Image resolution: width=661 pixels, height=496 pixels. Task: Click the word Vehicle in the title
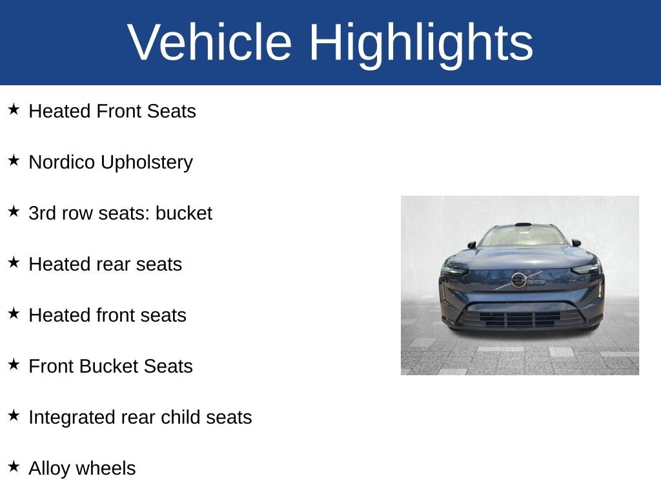click(210, 43)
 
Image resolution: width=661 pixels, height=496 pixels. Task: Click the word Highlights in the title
click(421, 43)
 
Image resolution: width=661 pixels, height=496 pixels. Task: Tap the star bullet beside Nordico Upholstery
click(14, 160)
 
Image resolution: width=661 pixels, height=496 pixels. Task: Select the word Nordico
click(62, 162)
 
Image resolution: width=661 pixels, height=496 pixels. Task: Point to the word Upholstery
click(147, 163)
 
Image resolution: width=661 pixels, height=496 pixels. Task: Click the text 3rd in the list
click(43, 213)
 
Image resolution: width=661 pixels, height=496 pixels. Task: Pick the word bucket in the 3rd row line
click(183, 213)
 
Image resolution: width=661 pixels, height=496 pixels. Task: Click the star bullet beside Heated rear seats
click(14, 262)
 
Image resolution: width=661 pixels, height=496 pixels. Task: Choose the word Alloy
click(48, 469)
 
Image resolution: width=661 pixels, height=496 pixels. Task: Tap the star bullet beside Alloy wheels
click(14, 466)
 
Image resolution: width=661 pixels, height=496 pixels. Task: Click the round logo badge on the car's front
click(518, 280)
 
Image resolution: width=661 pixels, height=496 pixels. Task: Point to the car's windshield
click(521, 236)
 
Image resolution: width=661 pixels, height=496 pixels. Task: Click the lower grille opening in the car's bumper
click(520, 318)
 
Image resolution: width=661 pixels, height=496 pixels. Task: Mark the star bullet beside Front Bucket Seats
click(14, 364)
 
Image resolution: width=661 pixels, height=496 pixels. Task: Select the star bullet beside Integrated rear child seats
click(14, 415)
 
